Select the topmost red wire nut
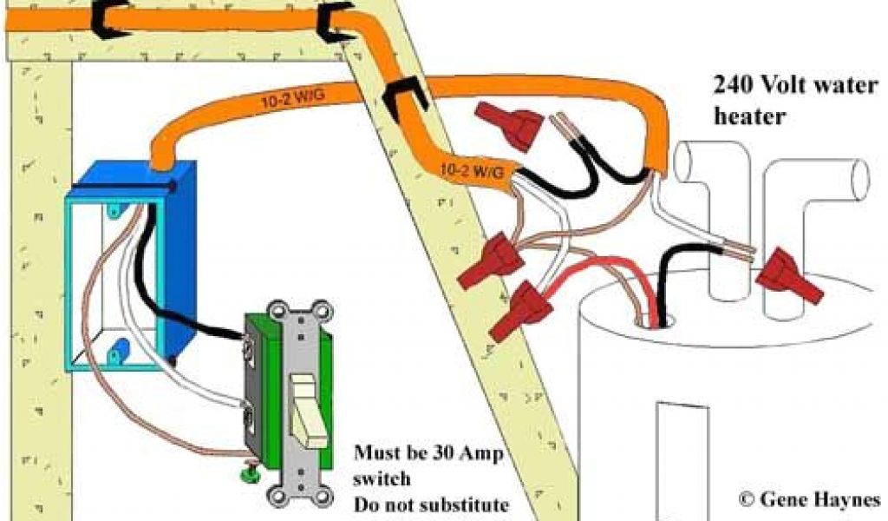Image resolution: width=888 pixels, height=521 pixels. click(508, 120)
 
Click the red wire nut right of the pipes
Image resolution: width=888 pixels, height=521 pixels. click(788, 277)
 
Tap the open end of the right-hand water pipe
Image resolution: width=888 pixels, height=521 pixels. click(860, 176)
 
